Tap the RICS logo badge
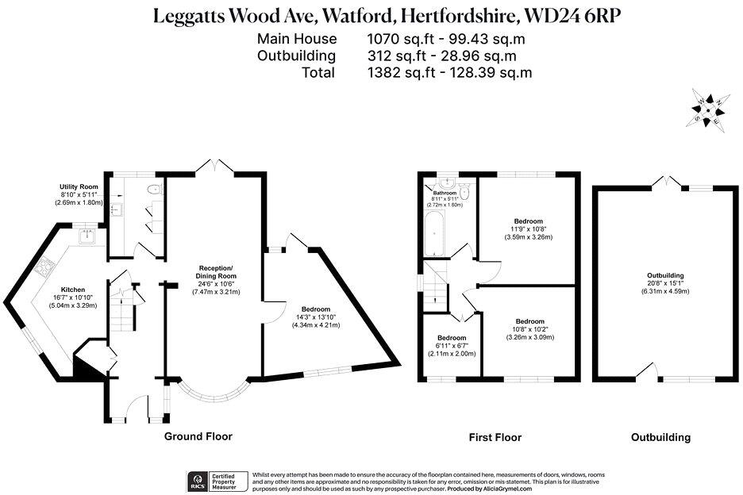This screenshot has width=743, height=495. (x=196, y=480)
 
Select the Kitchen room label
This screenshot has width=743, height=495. (x=73, y=290)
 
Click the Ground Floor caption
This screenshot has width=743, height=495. (x=198, y=436)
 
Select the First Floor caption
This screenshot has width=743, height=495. (x=495, y=437)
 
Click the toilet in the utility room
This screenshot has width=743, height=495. (x=156, y=189)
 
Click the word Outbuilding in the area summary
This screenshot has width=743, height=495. (x=296, y=56)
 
